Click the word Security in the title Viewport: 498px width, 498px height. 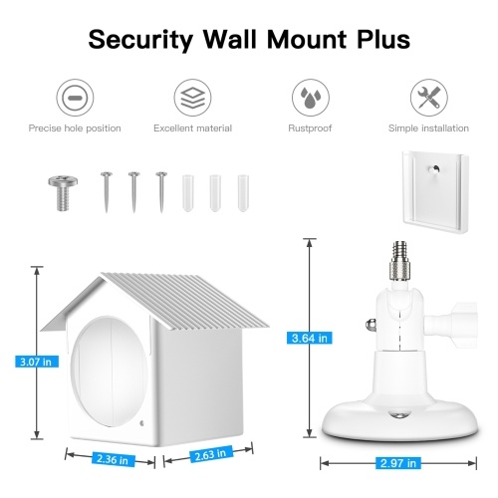[x=140, y=40]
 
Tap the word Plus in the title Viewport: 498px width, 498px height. [x=383, y=39]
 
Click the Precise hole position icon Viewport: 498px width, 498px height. [x=75, y=98]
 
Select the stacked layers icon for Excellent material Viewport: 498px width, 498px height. [x=192, y=98]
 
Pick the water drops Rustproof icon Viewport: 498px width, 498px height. [x=311, y=98]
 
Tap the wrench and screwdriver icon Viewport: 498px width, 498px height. [x=428, y=98]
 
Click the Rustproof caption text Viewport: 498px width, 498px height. [x=310, y=128]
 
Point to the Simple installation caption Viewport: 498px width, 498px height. [x=428, y=128]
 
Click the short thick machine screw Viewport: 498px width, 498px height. [x=63, y=193]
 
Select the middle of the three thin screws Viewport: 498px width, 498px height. [x=133, y=192]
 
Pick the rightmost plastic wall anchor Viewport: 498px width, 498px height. [x=243, y=193]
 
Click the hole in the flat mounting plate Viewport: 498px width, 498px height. [x=434, y=169]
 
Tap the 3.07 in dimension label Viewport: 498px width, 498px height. [x=37, y=362]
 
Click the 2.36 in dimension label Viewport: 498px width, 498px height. [x=113, y=459]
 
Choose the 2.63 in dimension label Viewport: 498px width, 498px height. [x=210, y=454]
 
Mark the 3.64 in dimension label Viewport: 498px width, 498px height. [x=310, y=339]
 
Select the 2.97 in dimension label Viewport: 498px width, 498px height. [x=398, y=463]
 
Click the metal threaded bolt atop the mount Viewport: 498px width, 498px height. [x=399, y=262]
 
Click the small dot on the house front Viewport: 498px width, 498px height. [x=142, y=423]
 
